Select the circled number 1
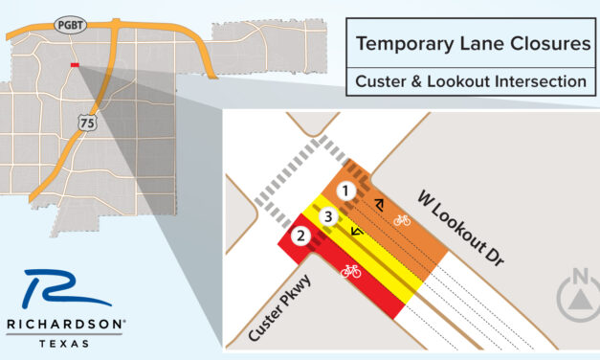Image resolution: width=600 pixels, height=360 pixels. [348, 191]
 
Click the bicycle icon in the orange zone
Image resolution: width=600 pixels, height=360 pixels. [402, 220]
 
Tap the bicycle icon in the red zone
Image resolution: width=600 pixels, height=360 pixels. [350, 271]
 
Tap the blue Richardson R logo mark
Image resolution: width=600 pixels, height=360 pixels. [59, 290]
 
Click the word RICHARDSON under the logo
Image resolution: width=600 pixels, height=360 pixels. [64, 325]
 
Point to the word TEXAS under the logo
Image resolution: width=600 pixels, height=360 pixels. [64, 342]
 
